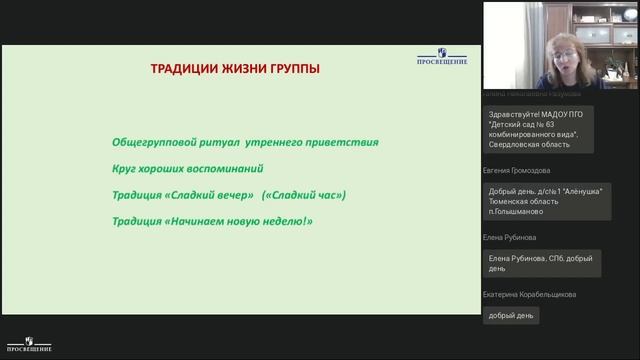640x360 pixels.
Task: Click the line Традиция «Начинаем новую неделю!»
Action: pos(212,220)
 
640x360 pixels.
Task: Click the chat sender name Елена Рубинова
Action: pos(510,238)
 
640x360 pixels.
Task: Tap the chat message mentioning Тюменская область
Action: pos(546,201)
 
